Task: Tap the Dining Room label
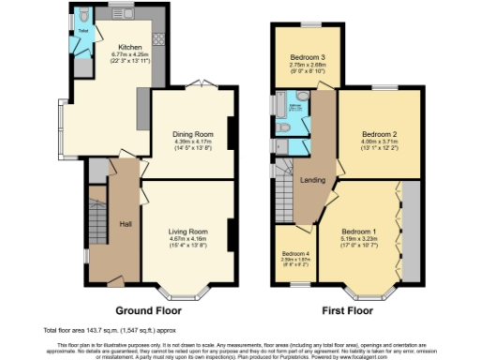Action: point(190,133)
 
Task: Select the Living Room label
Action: point(187,231)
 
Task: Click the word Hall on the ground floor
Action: point(126,223)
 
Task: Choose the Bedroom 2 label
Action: point(380,134)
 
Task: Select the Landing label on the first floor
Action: point(312,179)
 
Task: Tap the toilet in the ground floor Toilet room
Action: point(83,15)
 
